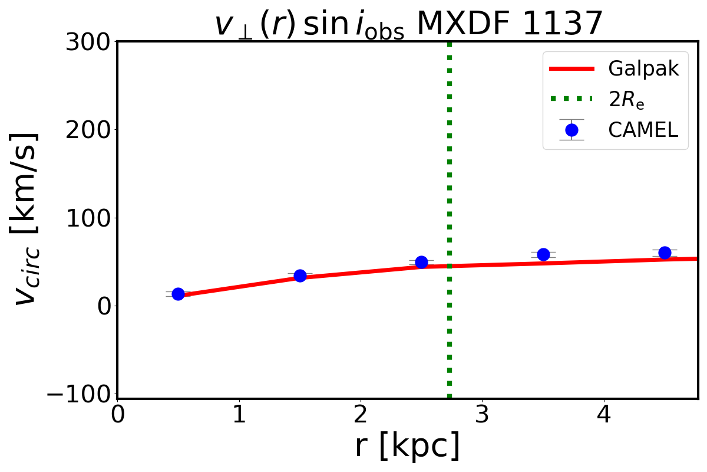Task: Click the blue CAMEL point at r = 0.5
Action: click(x=178, y=294)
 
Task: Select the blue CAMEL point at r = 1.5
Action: click(x=300, y=276)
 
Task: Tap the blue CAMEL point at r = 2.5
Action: click(x=421, y=262)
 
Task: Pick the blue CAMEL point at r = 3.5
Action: click(x=543, y=254)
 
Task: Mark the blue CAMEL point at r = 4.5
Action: click(x=665, y=253)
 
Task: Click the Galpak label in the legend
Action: click(x=644, y=69)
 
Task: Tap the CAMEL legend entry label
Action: click(x=643, y=130)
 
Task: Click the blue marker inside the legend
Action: click(x=571, y=130)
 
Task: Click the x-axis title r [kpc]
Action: click(x=407, y=446)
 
